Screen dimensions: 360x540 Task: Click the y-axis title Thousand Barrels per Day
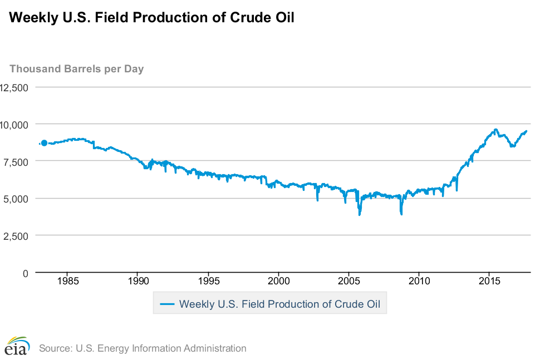(x=77, y=69)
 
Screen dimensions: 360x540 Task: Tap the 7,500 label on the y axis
(x=17, y=162)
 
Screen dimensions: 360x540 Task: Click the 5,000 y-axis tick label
(x=17, y=199)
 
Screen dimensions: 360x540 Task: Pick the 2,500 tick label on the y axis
(x=17, y=236)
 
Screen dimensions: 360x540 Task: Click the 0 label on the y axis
(x=26, y=273)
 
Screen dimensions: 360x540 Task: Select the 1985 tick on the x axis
(x=67, y=281)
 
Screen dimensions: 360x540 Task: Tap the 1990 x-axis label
(x=138, y=281)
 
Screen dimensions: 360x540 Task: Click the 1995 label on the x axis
(x=208, y=281)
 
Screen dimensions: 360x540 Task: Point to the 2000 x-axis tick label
(x=278, y=281)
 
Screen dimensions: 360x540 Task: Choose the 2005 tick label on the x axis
(x=348, y=281)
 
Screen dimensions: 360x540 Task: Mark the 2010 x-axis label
(x=419, y=281)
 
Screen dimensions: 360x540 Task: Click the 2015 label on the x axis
(x=489, y=281)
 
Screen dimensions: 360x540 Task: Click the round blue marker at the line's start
(x=45, y=143)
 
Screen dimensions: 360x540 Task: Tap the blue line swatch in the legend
(x=168, y=304)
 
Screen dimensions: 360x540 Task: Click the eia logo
(x=17, y=346)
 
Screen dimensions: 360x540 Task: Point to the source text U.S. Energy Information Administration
(x=143, y=348)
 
